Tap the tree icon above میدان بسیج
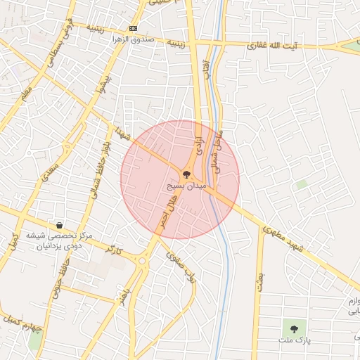pos(186,173)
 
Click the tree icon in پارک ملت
pos(291,328)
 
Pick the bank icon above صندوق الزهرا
pos(133,28)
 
